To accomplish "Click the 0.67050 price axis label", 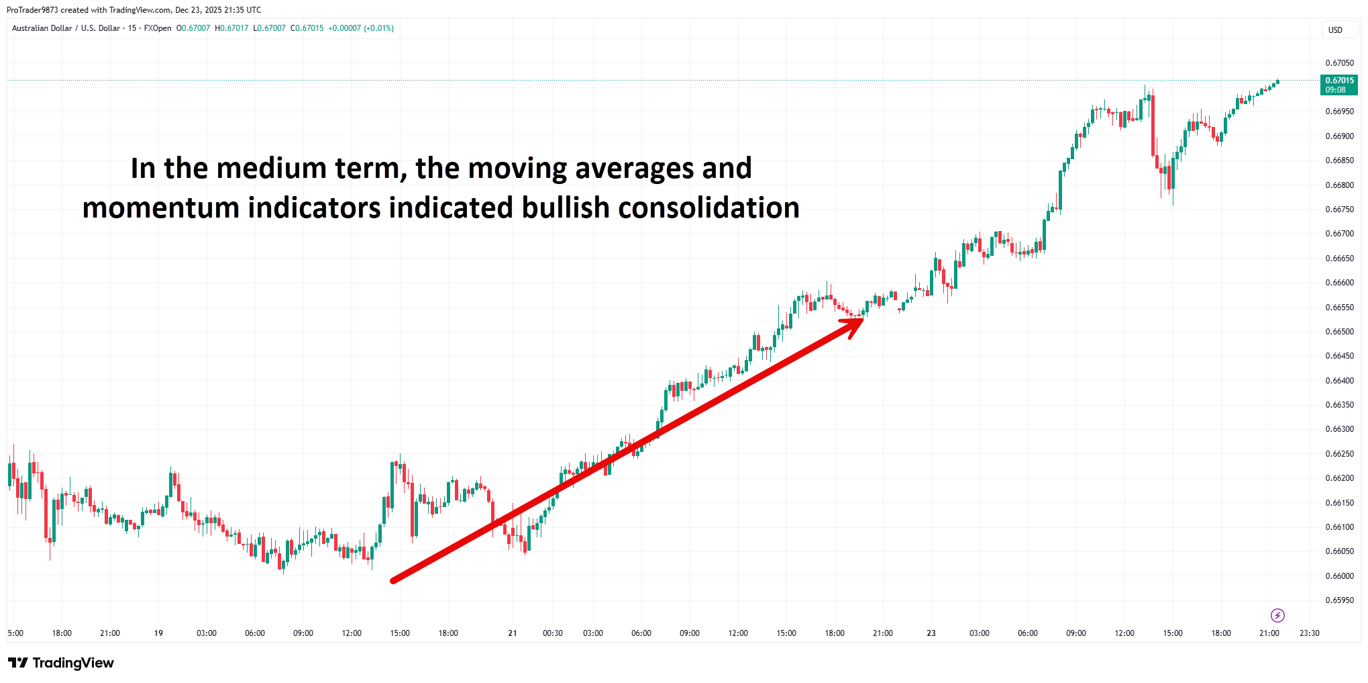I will coord(1339,63).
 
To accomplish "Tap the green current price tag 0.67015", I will coord(1339,85).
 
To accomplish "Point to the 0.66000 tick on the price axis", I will coord(1339,576).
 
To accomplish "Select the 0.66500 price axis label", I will coord(1339,332).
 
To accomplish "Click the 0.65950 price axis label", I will coord(1339,600).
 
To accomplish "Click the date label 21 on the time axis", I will coord(513,633).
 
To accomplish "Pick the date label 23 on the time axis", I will coord(931,633).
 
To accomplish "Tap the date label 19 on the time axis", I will coord(158,633).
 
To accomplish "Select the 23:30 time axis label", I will coord(1309,633).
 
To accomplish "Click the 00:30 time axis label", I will coord(553,633).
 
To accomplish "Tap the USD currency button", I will coord(1335,30).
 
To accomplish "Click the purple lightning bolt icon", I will coord(1277,615).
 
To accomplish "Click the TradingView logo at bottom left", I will coord(61,663).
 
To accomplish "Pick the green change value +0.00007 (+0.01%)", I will coord(360,28).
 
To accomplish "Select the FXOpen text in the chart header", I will coord(158,28).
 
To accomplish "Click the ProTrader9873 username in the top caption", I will coord(32,10).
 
